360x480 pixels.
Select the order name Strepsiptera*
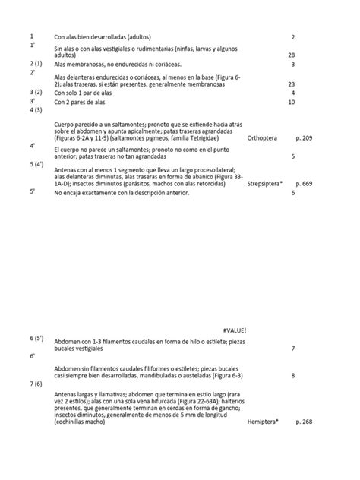[x=266, y=183]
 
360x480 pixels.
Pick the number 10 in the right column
[x=292, y=101]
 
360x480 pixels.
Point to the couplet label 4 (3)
[x=36, y=110]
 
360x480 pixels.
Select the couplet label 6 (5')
[x=36, y=337]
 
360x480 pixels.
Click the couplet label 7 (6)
[x=36, y=384]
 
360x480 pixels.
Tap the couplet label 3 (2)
[x=36, y=92]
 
